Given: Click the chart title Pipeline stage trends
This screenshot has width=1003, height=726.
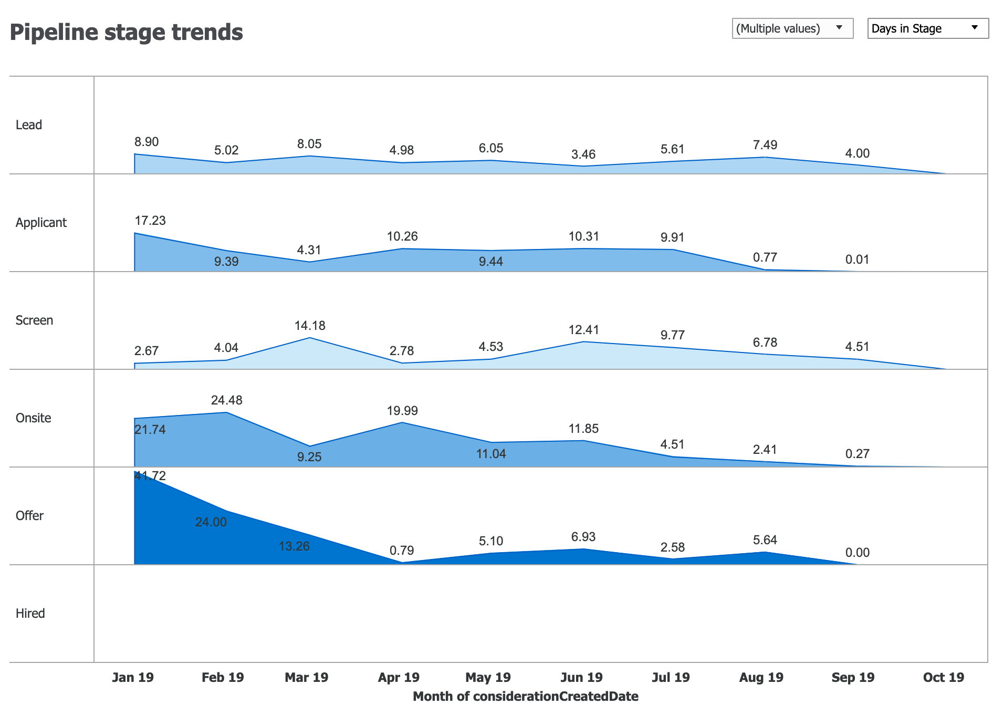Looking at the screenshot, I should click(126, 32).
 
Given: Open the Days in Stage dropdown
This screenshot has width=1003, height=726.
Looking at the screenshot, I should click(927, 28).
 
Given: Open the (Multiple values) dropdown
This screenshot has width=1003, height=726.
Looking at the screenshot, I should click(792, 28).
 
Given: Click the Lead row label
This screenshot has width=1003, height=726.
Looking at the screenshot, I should click(28, 125).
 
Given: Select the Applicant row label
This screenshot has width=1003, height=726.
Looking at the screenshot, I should click(41, 223).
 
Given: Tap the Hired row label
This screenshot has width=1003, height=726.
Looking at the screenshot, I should click(30, 614).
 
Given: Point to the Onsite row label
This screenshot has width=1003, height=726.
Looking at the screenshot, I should click(33, 418).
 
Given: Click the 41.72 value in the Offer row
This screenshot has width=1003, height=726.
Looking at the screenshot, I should click(150, 476).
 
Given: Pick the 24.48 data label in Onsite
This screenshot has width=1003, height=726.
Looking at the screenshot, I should click(226, 400).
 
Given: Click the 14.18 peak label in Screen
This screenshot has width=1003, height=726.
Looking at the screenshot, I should click(310, 326).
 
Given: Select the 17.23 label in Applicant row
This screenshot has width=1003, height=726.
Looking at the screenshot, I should click(150, 221).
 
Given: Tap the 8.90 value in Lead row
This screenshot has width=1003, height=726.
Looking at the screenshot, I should click(146, 142).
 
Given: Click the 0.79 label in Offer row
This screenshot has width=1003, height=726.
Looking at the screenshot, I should click(402, 551).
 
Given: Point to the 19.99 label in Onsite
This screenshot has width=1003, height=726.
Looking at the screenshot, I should click(402, 411).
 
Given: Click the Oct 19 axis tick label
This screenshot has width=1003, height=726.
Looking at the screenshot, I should click(943, 677).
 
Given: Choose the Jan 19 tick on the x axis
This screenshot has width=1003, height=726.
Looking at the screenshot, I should click(133, 677).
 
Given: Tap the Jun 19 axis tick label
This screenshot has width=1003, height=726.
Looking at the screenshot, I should click(581, 677).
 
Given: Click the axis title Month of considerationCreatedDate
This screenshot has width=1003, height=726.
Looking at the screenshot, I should click(525, 697).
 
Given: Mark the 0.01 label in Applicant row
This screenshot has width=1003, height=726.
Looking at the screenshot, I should click(857, 260).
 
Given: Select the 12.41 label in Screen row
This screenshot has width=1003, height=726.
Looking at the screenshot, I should click(583, 330).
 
